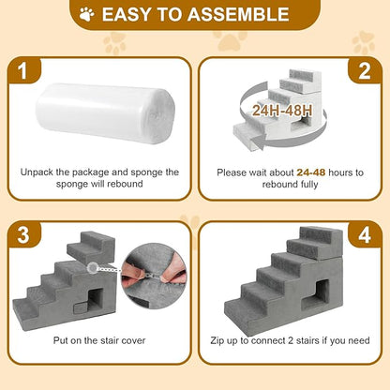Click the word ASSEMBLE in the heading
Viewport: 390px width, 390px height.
pyautogui.click(x=238, y=15)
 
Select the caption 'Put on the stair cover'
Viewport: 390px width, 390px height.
pyautogui.click(x=99, y=343)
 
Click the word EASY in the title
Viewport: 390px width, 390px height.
pyautogui.click(x=132, y=15)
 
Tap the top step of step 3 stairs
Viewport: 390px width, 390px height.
pyautogui.click(x=97, y=246)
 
